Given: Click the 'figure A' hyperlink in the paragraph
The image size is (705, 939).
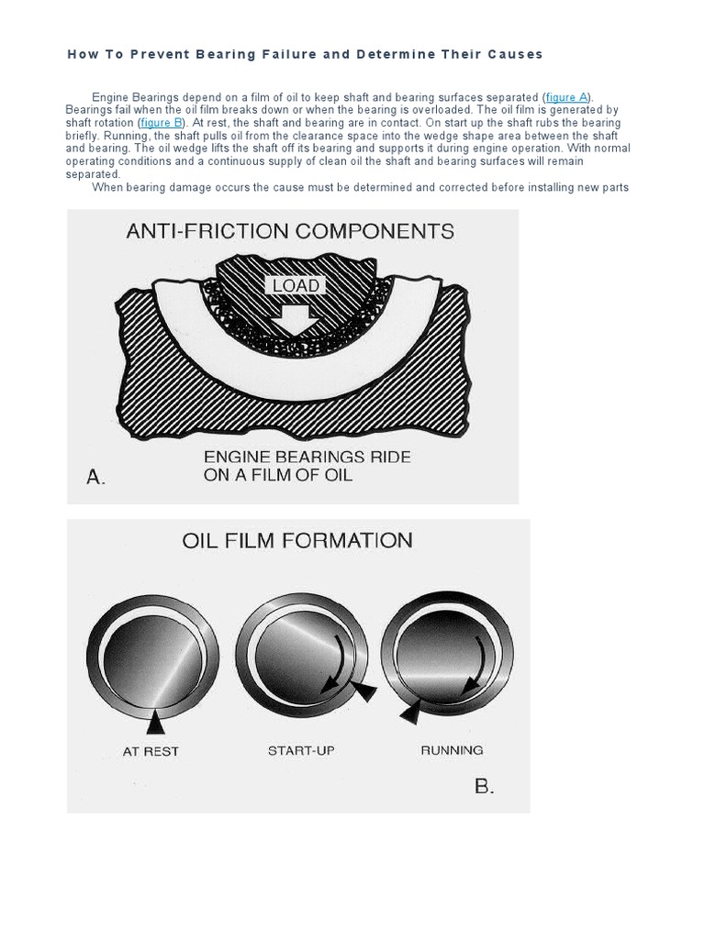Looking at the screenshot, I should click(x=566, y=97).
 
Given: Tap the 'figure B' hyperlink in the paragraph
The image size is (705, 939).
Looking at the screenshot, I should click(x=162, y=122).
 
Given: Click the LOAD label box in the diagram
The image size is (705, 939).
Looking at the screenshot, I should click(x=297, y=286).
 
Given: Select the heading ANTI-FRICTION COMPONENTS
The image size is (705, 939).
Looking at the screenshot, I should click(x=290, y=231).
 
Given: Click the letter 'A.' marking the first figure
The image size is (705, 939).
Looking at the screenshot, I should click(x=96, y=477).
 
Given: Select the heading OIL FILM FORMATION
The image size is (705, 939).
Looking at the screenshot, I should click(x=297, y=540).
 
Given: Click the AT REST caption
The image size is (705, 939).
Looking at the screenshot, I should click(x=151, y=751).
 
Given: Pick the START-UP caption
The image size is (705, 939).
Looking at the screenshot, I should click(x=301, y=750).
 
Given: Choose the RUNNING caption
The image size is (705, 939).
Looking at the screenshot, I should click(x=452, y=750).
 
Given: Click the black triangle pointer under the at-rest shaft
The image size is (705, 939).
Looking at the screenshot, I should click(x=155, y=724).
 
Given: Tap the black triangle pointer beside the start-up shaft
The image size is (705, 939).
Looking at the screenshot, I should click(x=364, y=693).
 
